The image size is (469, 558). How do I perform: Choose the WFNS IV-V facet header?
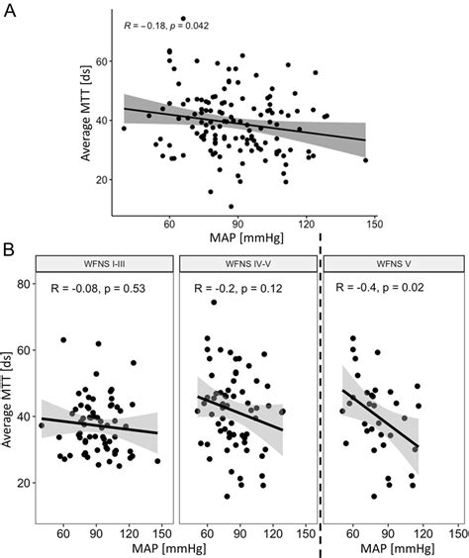click(x=246, y=262)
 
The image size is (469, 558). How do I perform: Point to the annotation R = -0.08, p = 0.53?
click(x=105, y=288)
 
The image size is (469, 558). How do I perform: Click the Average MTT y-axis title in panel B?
click(x=12, y=400)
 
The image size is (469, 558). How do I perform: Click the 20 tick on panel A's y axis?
click(x=101, y=180)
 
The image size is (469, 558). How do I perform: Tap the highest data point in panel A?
click(x=183, y=19)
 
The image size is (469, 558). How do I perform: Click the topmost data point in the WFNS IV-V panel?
click(x=213, y=303)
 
